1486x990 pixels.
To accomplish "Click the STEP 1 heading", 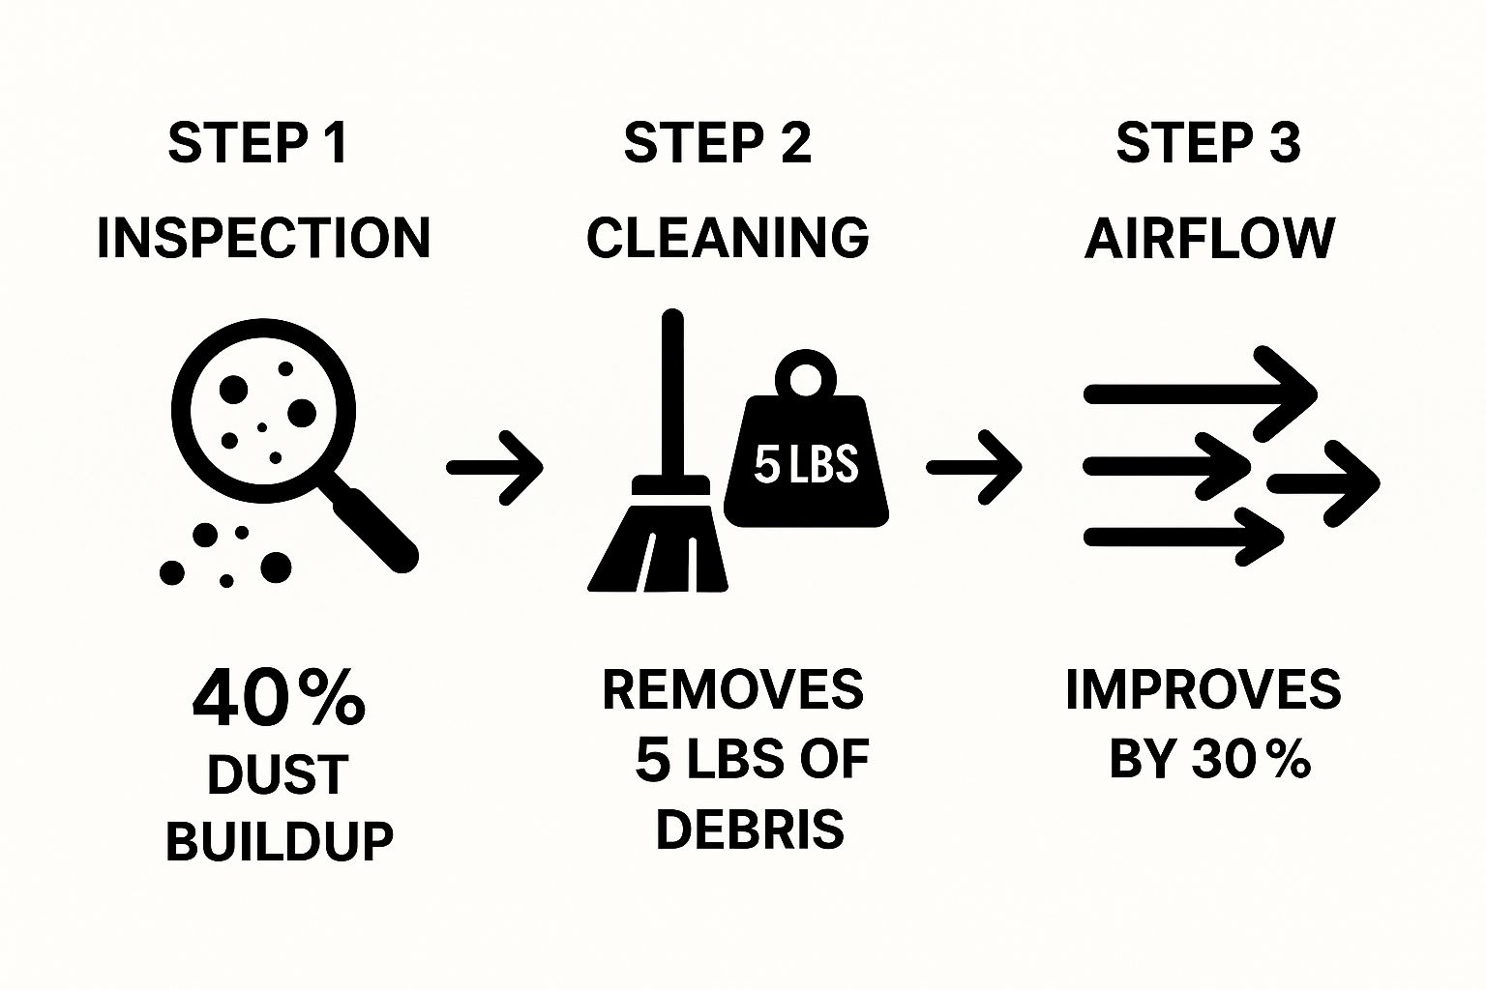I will [x=257, y=143].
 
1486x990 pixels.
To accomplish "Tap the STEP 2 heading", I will [x=717, y=143].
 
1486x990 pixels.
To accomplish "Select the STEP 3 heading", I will [x=1208, y=143].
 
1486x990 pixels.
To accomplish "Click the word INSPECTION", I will [x=263, y=238].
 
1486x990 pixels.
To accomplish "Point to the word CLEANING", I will [x=728, y=238].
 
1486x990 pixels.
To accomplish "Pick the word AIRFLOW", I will [x=1209, y=238].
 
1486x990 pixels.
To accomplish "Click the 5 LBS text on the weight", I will [x=806, y=464].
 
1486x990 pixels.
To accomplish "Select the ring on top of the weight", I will [x=805, y=374].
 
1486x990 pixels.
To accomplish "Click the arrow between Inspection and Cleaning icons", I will [x=494, y=467].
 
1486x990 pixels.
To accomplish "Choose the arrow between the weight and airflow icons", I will [x=973, y=467].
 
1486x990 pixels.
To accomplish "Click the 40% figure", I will [x=279, y=698].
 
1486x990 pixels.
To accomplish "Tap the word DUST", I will [x=278, y=774].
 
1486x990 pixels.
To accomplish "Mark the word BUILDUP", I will [x=280, y=840].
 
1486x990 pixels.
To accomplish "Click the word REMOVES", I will [x=732, y=689].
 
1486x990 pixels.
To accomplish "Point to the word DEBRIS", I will [x=750, y=829].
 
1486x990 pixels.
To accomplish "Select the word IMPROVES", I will [x=1203, y=689].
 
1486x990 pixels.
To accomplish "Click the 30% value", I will [x=1251, y=759].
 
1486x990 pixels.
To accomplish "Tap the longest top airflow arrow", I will [x=1200, y=393].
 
